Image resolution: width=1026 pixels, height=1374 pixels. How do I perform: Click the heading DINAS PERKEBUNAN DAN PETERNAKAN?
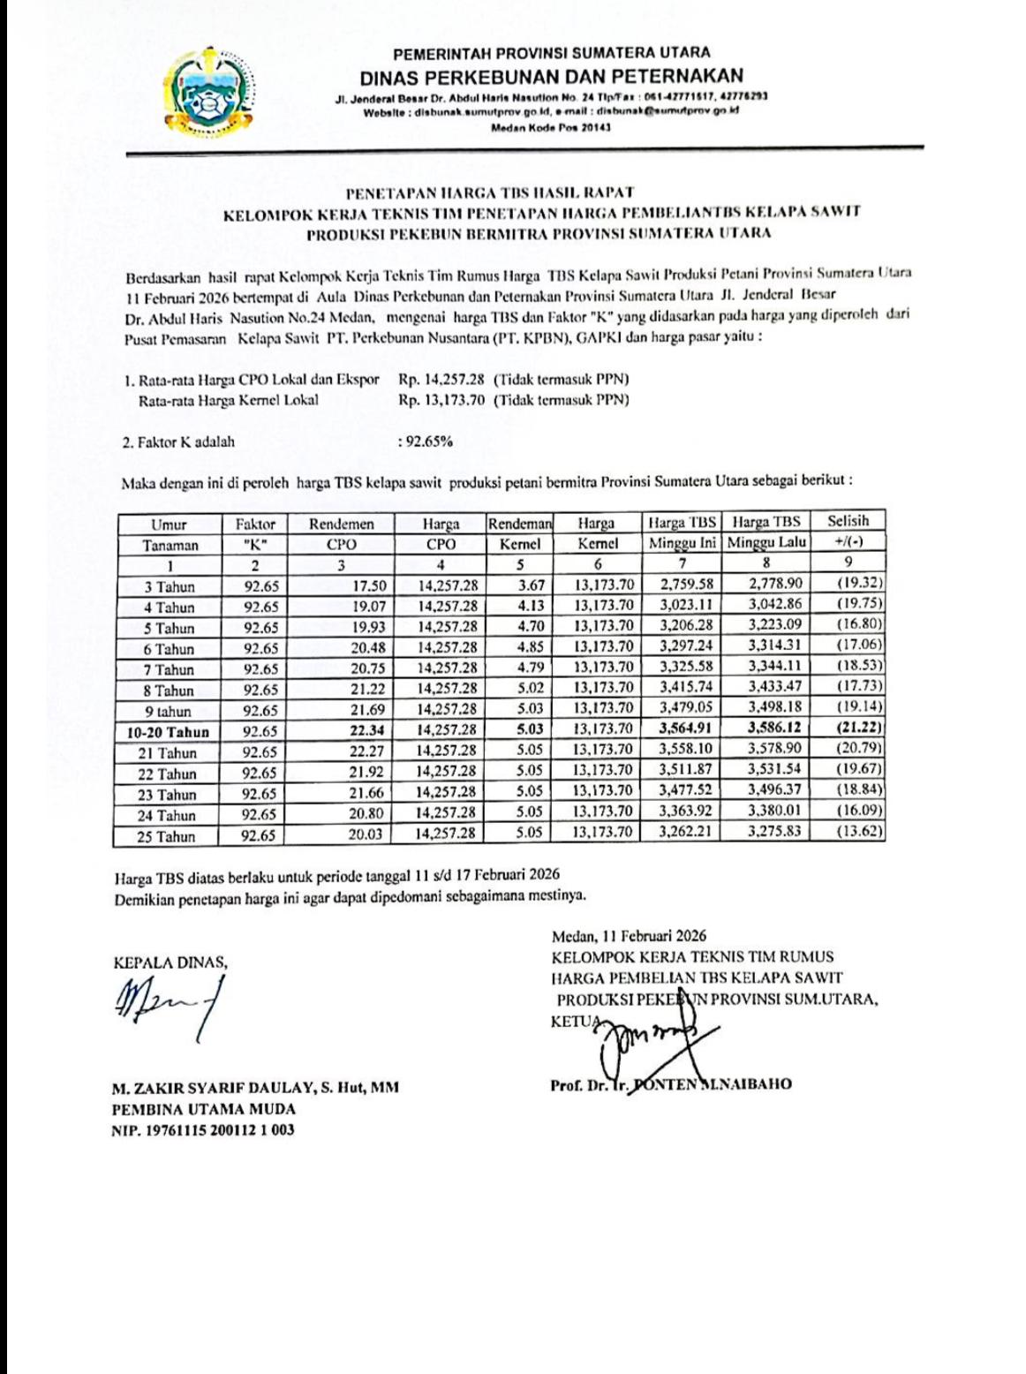551,75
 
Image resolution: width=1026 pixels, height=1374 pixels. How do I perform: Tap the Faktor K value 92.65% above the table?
426,442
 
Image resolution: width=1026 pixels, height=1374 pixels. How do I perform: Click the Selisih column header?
849,532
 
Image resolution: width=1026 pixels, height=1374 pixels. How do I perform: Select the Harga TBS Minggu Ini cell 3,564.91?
686,729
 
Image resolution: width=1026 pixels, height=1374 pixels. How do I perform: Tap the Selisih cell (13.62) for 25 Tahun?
860,832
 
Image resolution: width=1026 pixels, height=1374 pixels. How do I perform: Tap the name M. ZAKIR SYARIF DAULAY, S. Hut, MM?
255,1088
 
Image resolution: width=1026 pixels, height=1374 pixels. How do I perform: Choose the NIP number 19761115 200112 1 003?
203,1129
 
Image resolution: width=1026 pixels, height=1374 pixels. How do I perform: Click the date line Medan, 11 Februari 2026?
628,935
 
